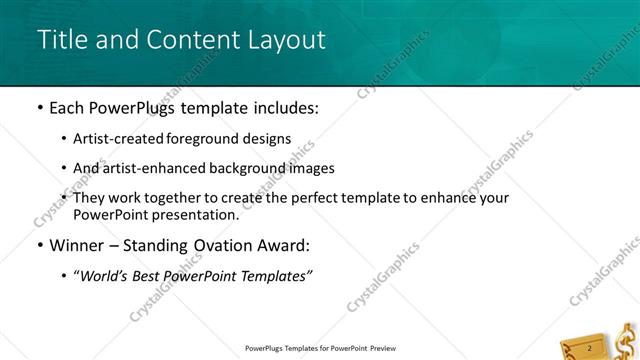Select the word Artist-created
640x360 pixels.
(121, 139)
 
